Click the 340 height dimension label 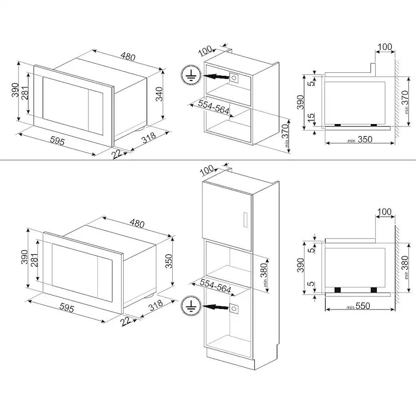tap(159, 94)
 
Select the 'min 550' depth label tap(358, 306)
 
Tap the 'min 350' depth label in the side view tap(360, 140)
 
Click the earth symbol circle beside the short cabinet tap(190, 75)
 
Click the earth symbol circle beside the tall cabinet tap(190, 305)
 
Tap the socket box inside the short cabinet tap(234, 78)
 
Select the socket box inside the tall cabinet tap(234, 308)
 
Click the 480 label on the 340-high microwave tap(128, 56)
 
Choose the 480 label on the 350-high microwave tap(137, 224)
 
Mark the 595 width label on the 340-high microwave tap(57, 141)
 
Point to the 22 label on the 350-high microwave tap(125, 321)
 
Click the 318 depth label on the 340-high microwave tap(149, 138)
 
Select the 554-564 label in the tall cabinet tap(216, 286)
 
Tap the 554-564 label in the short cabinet tap(214, 107)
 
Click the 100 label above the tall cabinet tap(206, 170)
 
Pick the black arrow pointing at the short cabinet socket tap(215, 77)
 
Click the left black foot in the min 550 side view tap(338, 290)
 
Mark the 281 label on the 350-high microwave tap(35, 260)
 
